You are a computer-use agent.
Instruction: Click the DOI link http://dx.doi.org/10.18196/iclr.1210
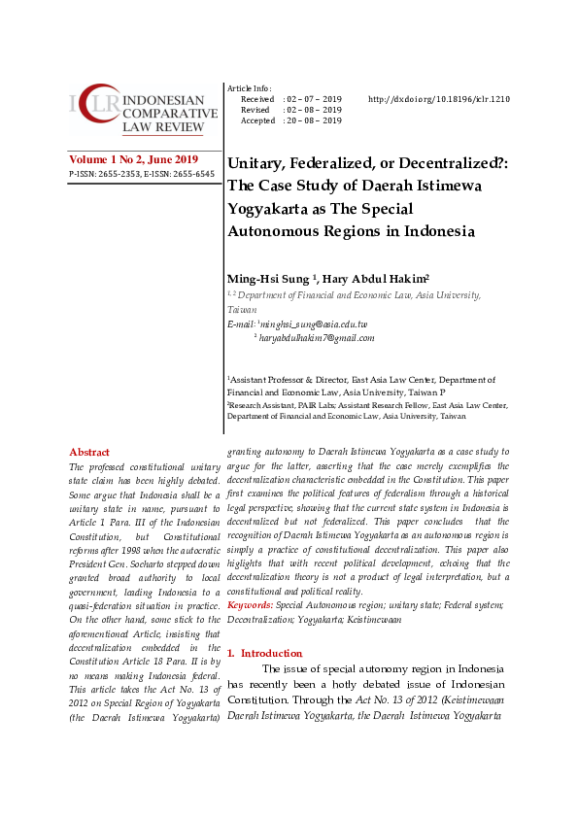click(439, 99)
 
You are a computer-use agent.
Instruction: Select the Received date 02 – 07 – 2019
click(312, 99)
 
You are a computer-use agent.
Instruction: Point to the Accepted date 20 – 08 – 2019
click(312, 120)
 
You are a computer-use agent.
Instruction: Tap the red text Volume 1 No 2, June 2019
click(133, 159)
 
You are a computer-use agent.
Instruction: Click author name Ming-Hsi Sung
click(268, 280)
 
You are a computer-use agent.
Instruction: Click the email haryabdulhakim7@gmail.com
click(317, 338)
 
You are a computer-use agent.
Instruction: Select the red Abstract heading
click(89, 452)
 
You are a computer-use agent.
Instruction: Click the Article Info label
click(249, 87)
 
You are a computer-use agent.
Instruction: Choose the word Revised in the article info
click(255, 110)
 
